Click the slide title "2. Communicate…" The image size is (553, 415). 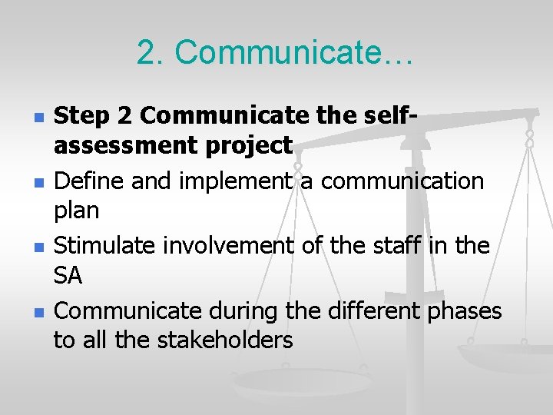276,52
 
